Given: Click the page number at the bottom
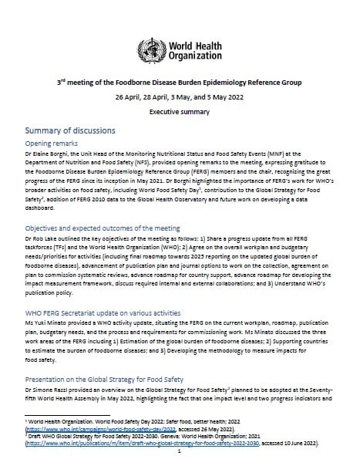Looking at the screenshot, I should (x=180, y=458).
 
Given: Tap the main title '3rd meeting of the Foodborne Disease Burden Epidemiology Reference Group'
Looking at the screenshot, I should (x=179, y=81).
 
